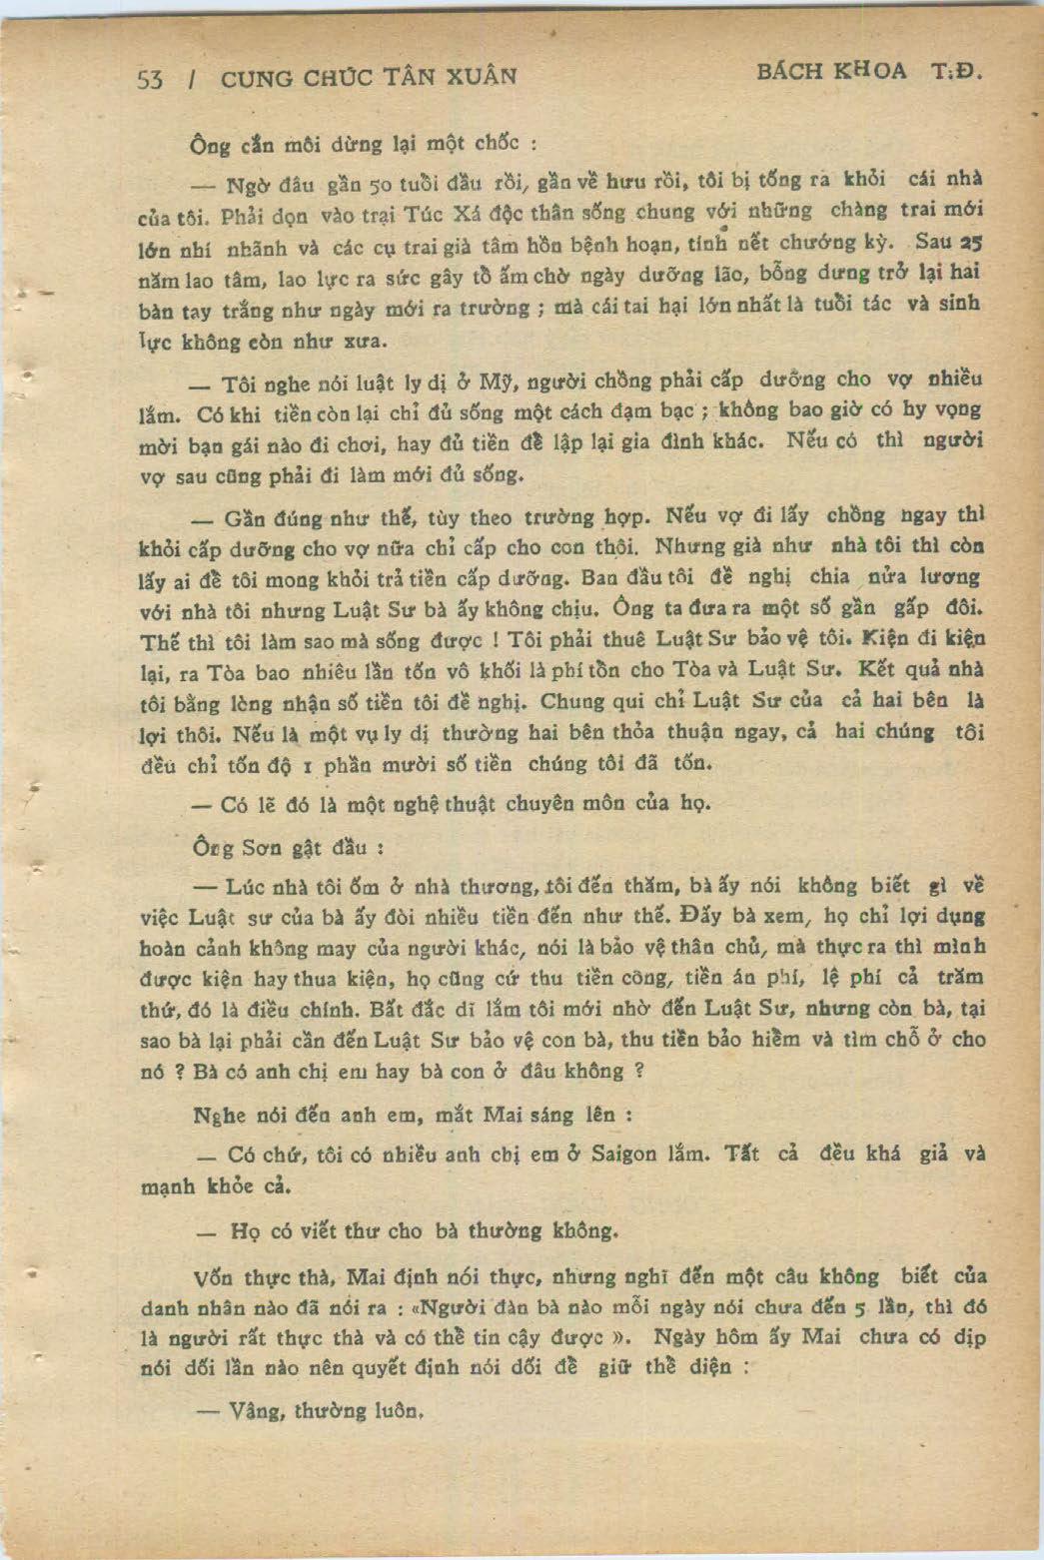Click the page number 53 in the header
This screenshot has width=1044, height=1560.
point(150,80)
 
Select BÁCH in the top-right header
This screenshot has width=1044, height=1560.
point(789,71)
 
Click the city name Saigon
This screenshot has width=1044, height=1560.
point(624,1154)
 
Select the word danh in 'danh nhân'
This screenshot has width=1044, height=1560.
point(163,1307)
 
